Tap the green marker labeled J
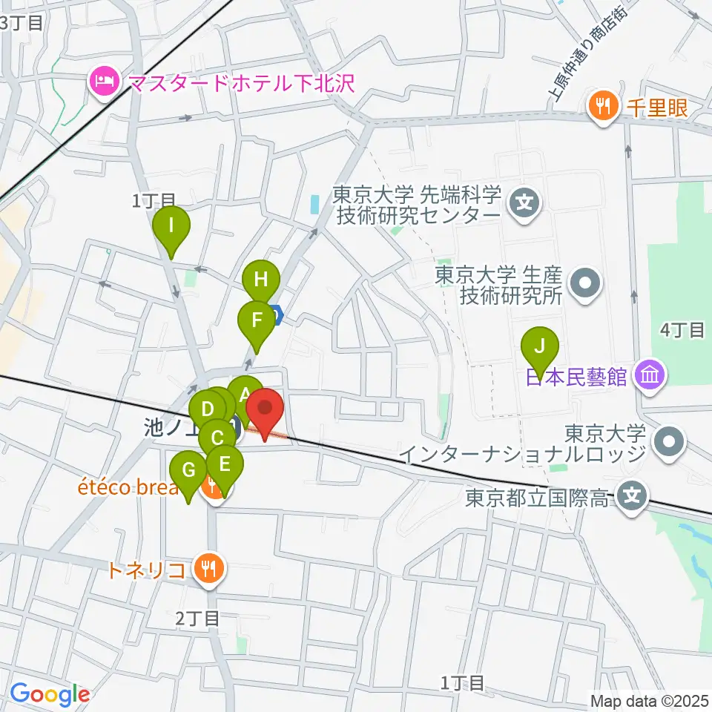541,346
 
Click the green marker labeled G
188,471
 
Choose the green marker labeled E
225,465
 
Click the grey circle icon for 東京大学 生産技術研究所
585,284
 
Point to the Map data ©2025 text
650,699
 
